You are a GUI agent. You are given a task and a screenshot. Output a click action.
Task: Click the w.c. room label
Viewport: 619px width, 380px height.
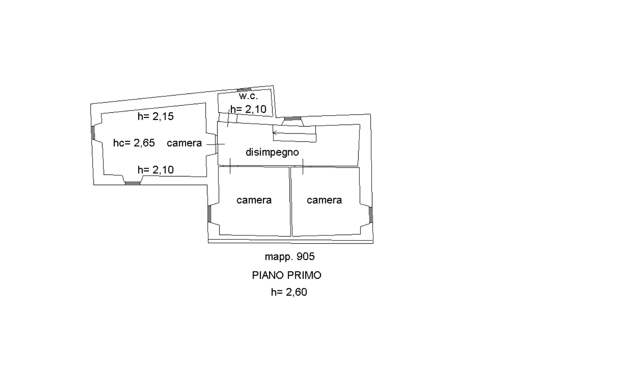(248, 96)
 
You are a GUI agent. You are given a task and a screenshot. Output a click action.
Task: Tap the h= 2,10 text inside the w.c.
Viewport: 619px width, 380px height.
(248, 109)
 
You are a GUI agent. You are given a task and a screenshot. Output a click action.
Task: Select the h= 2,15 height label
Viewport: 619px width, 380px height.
(156, 116)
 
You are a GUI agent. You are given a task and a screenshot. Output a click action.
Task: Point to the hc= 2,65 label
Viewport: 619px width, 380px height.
(134, 143)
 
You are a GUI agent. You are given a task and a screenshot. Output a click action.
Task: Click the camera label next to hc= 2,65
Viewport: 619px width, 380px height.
(184, 143)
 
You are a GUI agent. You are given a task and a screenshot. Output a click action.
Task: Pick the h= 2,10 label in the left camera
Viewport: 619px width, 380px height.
(156, 169)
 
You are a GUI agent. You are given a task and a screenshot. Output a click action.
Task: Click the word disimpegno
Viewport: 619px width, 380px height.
(272, 152)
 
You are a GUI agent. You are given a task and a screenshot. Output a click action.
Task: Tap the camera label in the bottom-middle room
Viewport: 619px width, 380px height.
(254, 200)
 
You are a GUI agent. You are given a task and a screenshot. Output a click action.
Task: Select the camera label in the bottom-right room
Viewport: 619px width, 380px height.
(324, 200)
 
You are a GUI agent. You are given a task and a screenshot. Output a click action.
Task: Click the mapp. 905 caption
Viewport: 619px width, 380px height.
(289, 257)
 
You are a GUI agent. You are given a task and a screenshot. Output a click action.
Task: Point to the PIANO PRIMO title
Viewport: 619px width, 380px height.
(287, 275)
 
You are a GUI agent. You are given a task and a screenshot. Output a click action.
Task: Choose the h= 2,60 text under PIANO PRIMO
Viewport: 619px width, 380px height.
(289, 292)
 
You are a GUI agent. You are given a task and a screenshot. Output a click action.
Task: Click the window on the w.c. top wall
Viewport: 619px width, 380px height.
(244, 90)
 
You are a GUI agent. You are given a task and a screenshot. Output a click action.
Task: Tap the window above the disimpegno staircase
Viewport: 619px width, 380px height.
(293, 119)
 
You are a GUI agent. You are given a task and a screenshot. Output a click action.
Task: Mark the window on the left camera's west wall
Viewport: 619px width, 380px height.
(93, 133)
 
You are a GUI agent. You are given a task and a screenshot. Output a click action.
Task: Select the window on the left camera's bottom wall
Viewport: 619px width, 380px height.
(132, 183)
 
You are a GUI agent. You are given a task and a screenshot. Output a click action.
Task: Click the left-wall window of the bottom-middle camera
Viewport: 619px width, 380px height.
(209, 214)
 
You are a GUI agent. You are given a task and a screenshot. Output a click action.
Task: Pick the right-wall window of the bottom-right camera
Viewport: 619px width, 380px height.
(370, 215)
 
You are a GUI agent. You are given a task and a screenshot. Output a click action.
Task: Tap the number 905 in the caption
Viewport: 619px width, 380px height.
(306, 256)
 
